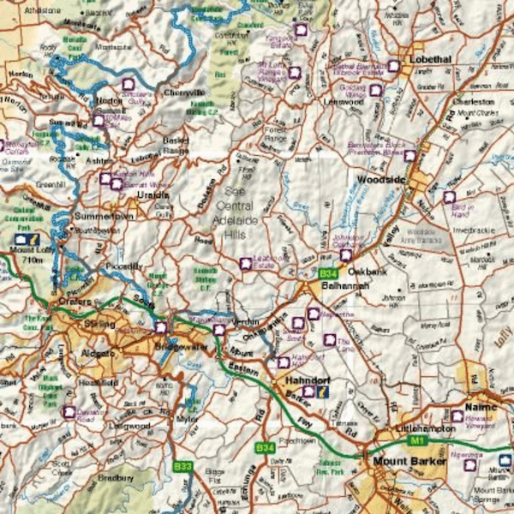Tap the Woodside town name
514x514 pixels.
379,180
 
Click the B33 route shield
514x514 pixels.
182,467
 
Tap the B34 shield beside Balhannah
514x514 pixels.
326,273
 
